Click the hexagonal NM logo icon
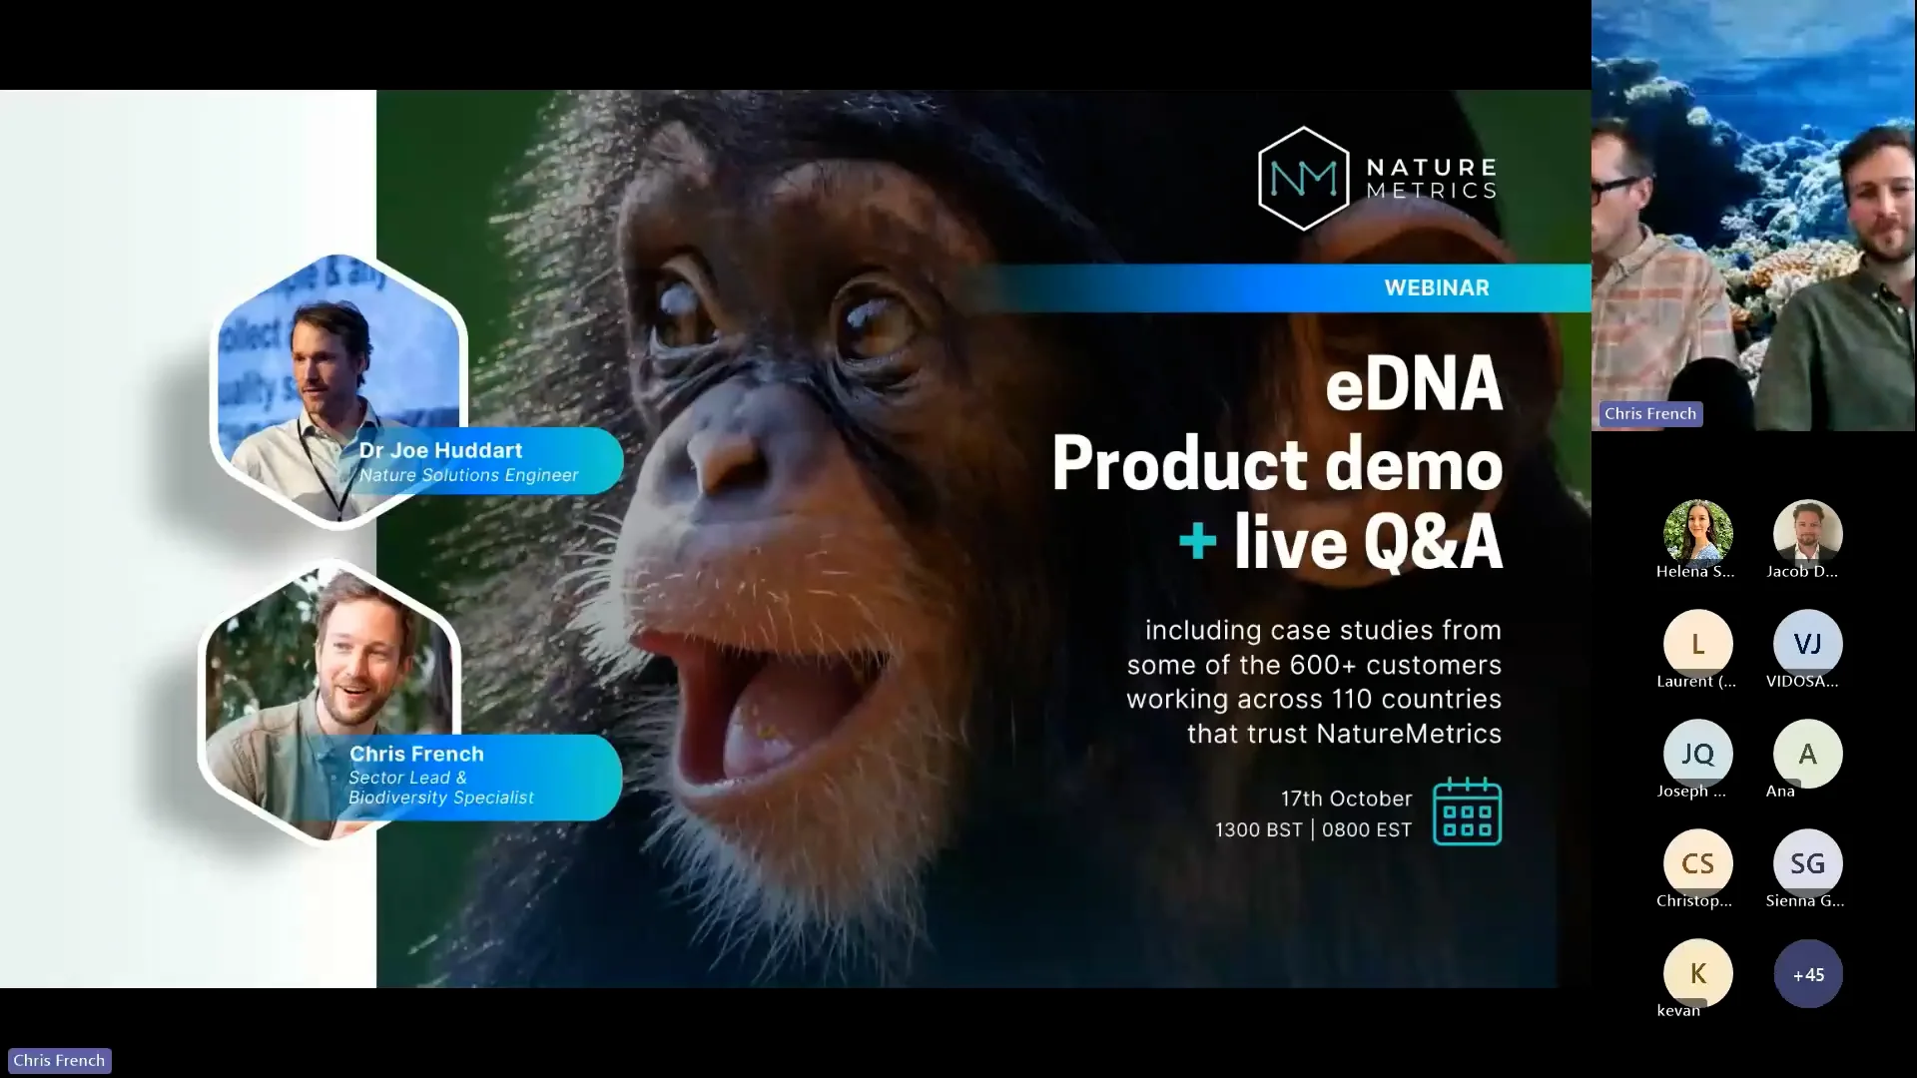pos(1303,179)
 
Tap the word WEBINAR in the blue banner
pos(1436,287)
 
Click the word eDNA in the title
pos(1413,384)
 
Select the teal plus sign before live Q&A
pos(1197,542)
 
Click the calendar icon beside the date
pos(1467,811)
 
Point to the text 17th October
pos(1346,799)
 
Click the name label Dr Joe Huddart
pos(440,450)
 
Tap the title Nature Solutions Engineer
pos(468,475)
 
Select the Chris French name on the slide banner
pos(416,754)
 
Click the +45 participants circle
pos(1807,974)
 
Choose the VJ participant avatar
pos(1807,644)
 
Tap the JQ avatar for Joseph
pos(1697,754)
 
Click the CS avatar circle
pos(1697,863)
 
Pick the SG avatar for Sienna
pos(1807,863)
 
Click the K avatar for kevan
pos(1697,973)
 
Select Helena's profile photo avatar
pos(1697,533)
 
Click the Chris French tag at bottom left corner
pos(59,1060)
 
